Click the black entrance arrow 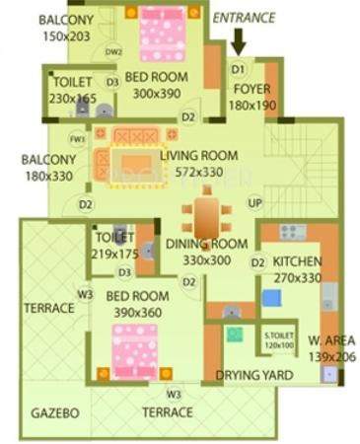click(239, 41)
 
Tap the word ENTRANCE click(244, 17)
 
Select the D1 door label click(238, 70)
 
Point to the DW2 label click(113, 51)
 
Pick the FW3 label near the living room click(78, 139)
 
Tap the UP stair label click(254, 203)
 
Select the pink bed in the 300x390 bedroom click(162, 35)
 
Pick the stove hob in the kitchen click(291, 232)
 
